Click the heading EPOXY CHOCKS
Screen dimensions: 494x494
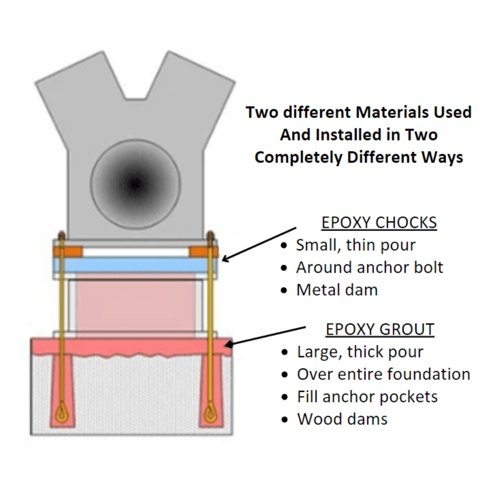(379, 223)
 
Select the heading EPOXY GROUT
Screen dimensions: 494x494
(379, 329)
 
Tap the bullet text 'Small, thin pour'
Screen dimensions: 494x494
(356, 245)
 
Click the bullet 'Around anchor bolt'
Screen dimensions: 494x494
(370, 267)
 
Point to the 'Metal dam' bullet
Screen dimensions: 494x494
(337, 290)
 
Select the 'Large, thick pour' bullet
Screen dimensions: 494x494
(360, 352)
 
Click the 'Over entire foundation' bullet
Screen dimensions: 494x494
(383, 374)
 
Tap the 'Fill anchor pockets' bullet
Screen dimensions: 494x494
(367, 396)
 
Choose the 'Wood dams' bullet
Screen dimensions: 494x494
(342, 419)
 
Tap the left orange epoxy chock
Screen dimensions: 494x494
(67, 251)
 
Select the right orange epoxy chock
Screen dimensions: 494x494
(204, 251)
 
